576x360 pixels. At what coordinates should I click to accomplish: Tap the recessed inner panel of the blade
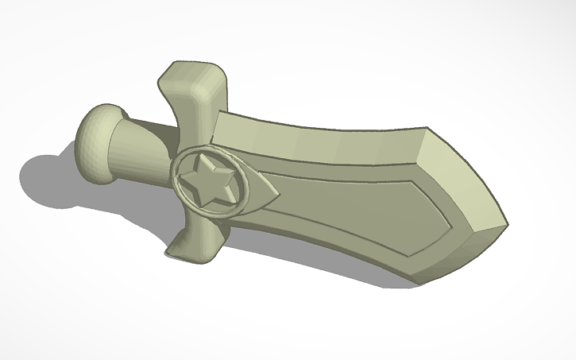tap(350, 207)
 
